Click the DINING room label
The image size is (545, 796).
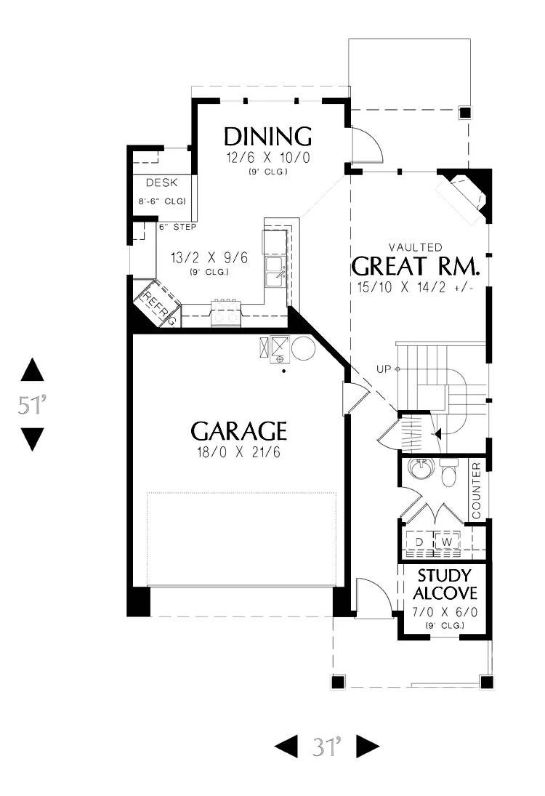click(267, 137)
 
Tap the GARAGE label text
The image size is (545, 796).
click(238, 431)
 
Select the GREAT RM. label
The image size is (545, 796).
click(416, 266)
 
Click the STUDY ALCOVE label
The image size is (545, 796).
click(445, 584)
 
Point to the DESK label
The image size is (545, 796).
click(162, 182)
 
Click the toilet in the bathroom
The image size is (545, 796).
click(449, 473)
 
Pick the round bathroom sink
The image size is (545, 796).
click(422, 469)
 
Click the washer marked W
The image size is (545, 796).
click(447, 542)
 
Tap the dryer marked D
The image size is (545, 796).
click(419, 542)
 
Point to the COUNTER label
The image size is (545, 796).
click(476, 491)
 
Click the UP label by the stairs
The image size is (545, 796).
click(384, 369)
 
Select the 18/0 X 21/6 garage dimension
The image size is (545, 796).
click(238, 452)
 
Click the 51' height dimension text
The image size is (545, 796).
click(33, 405)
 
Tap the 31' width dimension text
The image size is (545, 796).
click(327, 747)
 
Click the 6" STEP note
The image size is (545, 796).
click(177, 227)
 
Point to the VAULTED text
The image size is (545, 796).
click(416, 247)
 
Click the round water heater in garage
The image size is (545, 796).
click(303, 348)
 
